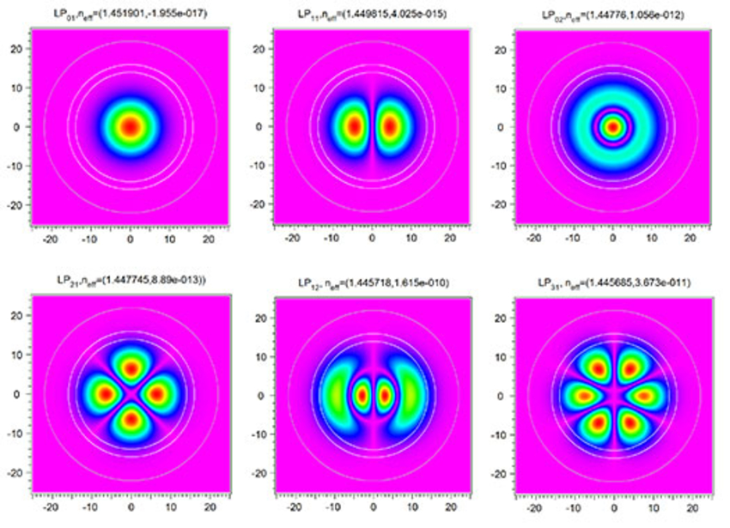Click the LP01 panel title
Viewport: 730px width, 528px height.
coord(129,14)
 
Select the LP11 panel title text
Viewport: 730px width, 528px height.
coord(371,14)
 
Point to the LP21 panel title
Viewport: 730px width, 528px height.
coord(129,281)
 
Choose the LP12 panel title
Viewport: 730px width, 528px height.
coord(371,281)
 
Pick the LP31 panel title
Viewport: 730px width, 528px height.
coord(612,281)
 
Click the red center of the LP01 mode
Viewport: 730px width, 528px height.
coord(130,126)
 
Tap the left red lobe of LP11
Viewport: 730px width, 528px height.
coord(353,126)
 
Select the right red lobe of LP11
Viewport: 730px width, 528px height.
coord(391,126)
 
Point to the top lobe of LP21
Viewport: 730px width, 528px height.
coord(131,368)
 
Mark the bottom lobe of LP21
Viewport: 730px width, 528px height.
coord(131,420)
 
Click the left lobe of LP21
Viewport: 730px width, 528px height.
coord(105,394)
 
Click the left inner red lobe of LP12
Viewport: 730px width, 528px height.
coord(362,396)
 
